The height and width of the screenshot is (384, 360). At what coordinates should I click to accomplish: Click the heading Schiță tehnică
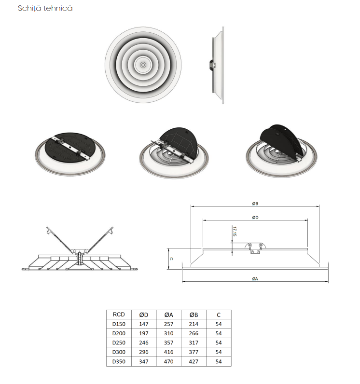tap(45, 8)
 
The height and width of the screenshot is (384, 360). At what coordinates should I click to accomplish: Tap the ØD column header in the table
tap(144, 315)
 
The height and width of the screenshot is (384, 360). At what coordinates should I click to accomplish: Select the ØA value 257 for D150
tap(169, 324)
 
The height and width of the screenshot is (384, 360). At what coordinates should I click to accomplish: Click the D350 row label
tap(119, 361)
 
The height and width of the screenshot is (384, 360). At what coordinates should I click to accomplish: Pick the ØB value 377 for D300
tap(194, 352)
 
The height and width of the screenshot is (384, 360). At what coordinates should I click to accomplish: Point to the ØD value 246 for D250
tap(144, 343)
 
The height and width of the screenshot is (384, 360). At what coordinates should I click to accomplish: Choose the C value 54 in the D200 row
tap(219, 333)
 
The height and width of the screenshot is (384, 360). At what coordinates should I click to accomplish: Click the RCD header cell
tap(119, 315)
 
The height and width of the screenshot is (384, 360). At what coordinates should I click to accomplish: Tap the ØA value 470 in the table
tap(169, 361)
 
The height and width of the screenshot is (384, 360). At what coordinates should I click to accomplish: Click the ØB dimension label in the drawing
tap(255, 204)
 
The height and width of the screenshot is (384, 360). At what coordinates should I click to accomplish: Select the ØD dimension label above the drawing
tap(255, 218)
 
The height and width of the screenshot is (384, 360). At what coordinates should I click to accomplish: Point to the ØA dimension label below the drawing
tap(255, 279)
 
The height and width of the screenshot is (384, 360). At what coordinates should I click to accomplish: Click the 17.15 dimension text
tap(235, 232)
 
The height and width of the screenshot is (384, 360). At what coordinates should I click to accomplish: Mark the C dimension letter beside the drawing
tap(171, 259)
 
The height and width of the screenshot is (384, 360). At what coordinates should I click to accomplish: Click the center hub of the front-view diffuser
tap(143, 65)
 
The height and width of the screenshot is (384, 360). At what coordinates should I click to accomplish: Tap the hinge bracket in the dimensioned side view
tap(255, 248)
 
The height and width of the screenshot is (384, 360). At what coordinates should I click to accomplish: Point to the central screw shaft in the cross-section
tap(80, 259)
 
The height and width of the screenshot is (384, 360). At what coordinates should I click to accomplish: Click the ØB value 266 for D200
tap(194, 333)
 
